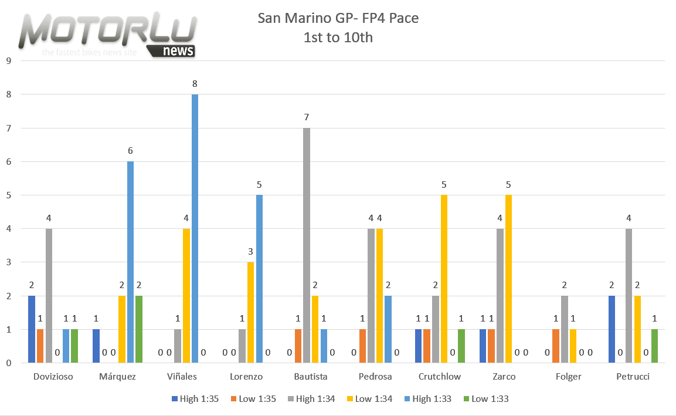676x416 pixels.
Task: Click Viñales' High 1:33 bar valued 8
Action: click(195, 229)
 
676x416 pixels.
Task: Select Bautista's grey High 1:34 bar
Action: click(306, 245)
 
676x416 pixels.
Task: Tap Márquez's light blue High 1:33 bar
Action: click(130, 262)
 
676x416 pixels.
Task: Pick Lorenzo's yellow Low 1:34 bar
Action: click(250, 313)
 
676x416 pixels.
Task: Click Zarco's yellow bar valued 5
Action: click(509, 279)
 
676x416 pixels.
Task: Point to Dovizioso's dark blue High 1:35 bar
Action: click(32, 329)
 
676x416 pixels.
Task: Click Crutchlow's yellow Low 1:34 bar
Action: click(444, 279)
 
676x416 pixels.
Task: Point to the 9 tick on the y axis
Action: click(8, 60)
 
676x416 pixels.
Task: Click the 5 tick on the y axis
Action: click(8, 195)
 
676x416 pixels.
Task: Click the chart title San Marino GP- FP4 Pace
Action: click(338, 18)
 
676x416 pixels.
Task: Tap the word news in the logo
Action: click(178, 50)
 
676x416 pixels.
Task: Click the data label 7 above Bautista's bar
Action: click(306, 117)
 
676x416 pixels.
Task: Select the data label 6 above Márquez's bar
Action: click(130, 151)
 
